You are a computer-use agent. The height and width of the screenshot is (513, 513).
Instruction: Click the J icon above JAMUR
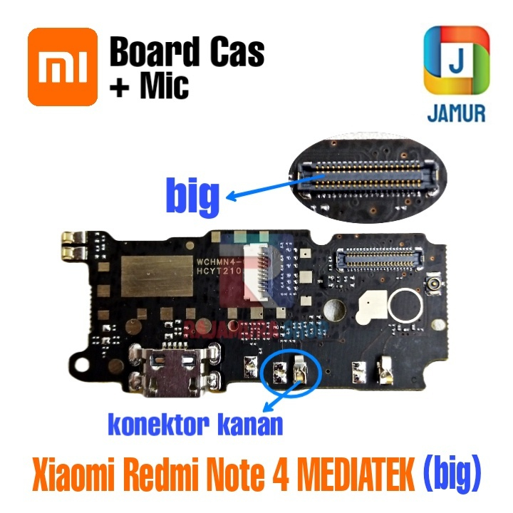[456, 61]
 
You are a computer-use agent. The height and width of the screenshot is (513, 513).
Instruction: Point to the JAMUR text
[456, 113]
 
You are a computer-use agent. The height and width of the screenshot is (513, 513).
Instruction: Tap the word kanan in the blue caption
[247, 425]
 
